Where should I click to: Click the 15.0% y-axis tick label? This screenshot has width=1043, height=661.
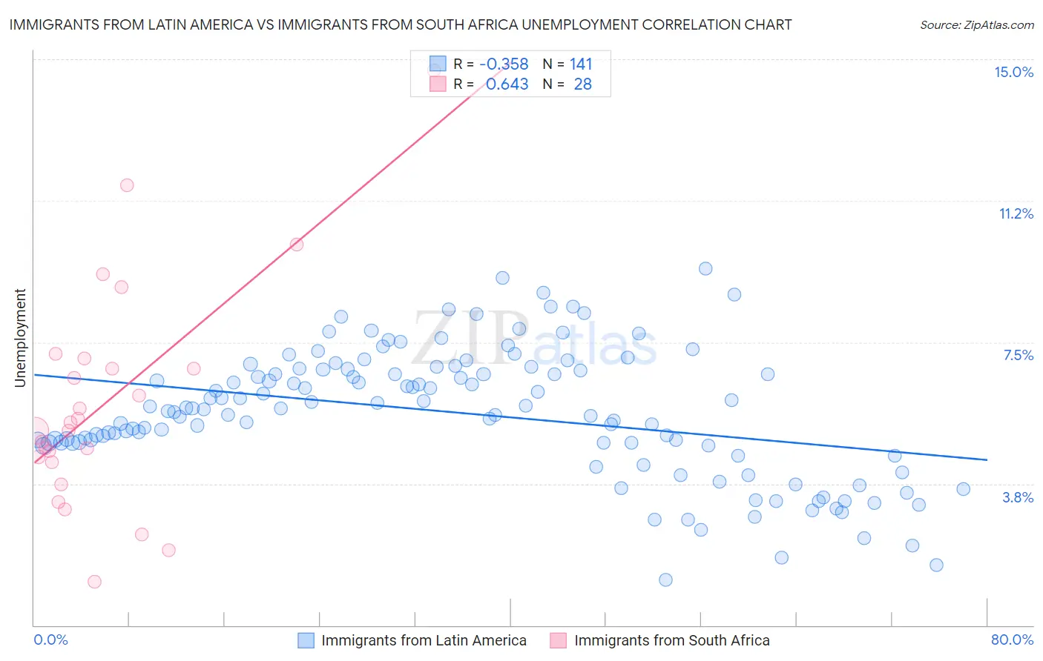(x=1013, y=73)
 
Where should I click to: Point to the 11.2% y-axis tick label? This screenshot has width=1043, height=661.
(x=1016, y=214)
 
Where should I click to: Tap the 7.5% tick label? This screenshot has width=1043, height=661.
(x=1018, y=356)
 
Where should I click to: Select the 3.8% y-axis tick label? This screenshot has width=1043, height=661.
(x=1018, y=498)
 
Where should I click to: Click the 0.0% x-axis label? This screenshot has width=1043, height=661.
(x=50, y=640)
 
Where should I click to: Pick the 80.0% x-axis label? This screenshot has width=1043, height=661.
(x=1012, y=640)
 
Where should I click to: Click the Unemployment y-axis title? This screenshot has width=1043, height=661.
(x=20, y=338)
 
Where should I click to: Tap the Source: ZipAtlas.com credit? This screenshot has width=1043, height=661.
(x=976, y=25)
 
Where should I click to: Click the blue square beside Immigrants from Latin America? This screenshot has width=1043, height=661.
(x=306, y=640)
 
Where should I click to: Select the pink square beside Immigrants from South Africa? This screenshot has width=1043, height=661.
(x=559, y=640)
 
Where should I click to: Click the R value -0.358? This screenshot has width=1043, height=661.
(x=504, y=64)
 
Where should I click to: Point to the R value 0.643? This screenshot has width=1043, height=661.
(x=507, y=84)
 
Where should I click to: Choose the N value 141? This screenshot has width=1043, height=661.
(x=581, y=64)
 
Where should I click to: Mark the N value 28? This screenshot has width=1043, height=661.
(x=582, y=84)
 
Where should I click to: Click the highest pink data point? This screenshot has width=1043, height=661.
(x=127, y=185)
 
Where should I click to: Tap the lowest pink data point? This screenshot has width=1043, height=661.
(x=94, y=582)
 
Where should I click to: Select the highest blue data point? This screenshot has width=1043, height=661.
(x=705, y=269)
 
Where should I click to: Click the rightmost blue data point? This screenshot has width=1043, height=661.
(x=963, y=489)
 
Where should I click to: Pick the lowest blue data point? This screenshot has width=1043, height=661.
(x=665, y=579)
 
